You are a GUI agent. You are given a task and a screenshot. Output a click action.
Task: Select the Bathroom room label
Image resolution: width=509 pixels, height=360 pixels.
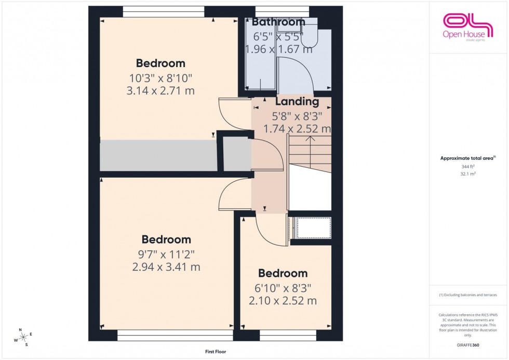click(278, 22)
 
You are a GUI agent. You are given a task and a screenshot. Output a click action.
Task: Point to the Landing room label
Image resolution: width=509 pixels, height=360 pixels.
click(297, 102)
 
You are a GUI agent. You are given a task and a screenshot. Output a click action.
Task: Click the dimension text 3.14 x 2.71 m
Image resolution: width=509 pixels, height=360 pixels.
click(160, 91)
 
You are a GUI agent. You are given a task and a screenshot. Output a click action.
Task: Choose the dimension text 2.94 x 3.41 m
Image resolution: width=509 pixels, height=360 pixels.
click(166, 267)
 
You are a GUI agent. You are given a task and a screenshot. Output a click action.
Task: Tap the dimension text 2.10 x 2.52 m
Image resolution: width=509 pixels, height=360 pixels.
click(283, 301)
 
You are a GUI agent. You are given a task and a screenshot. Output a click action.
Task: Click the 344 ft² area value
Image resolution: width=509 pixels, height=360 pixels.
click(468, 166)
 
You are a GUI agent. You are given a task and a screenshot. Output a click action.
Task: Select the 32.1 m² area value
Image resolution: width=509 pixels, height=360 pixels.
click(468, 174)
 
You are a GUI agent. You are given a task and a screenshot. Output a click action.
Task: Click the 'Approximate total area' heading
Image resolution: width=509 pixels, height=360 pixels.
click(467, 158)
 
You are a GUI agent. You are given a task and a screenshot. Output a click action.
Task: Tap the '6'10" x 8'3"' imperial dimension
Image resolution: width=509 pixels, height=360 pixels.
click(283, 288)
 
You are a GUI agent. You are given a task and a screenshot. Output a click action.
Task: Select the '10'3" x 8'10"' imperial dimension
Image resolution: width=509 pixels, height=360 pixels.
click(160, 78)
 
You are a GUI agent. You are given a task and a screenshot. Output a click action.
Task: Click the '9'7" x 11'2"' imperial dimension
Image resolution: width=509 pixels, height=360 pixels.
click(166, 255)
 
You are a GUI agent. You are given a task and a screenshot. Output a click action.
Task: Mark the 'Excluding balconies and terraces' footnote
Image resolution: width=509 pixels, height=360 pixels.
click(468, 295)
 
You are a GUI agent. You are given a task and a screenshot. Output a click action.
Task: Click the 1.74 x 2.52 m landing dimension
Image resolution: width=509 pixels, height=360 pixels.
click(297, 128)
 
